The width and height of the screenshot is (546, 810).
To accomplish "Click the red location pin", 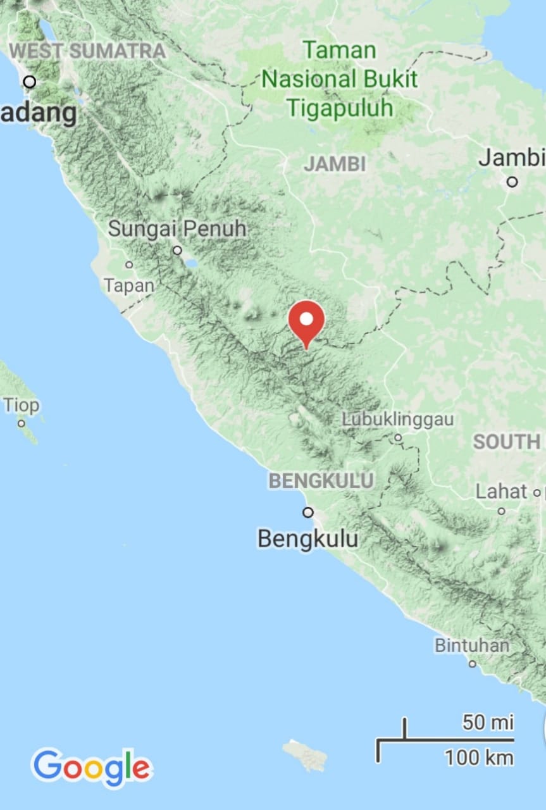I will (306, 322).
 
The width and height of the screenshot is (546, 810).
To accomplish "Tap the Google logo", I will (92, 767).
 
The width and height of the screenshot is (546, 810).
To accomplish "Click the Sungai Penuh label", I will (177, 228).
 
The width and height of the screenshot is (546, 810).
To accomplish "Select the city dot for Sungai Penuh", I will (178, 250).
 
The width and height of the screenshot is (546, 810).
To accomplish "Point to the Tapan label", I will (129, 285).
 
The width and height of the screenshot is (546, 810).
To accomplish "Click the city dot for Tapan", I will (129, 265).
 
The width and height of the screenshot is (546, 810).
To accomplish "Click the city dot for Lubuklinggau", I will (398, 437).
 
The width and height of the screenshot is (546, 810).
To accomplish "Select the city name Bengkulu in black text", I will (307, 539).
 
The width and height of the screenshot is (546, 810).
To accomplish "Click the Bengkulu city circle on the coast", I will (308, 512).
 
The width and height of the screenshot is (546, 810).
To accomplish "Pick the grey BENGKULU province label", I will (321, 481).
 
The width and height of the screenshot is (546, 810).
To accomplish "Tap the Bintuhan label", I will (472, 645).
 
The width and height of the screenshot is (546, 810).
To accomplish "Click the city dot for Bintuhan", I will (472, 664).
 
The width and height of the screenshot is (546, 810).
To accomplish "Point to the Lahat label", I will (501, 492).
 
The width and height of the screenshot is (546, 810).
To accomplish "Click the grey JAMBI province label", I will (335, 164).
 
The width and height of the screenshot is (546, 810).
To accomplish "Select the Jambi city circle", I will (512, 182).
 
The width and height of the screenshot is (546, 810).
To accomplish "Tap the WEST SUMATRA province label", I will (89, 51).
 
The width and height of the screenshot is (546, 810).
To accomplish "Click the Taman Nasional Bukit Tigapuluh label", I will (340, 79).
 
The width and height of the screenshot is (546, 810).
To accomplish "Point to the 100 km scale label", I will (479, 757).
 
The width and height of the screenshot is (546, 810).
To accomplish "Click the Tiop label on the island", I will (21, 405).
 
